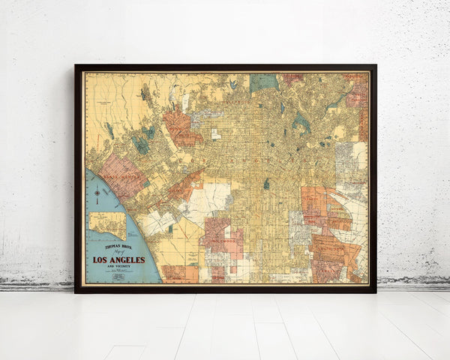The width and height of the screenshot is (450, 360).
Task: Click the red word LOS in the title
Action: click(x=100, y=260)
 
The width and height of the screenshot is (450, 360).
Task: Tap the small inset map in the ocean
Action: click(x=108, y=225)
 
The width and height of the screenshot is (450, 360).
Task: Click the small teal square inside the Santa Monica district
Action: click(x=145, y=184)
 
